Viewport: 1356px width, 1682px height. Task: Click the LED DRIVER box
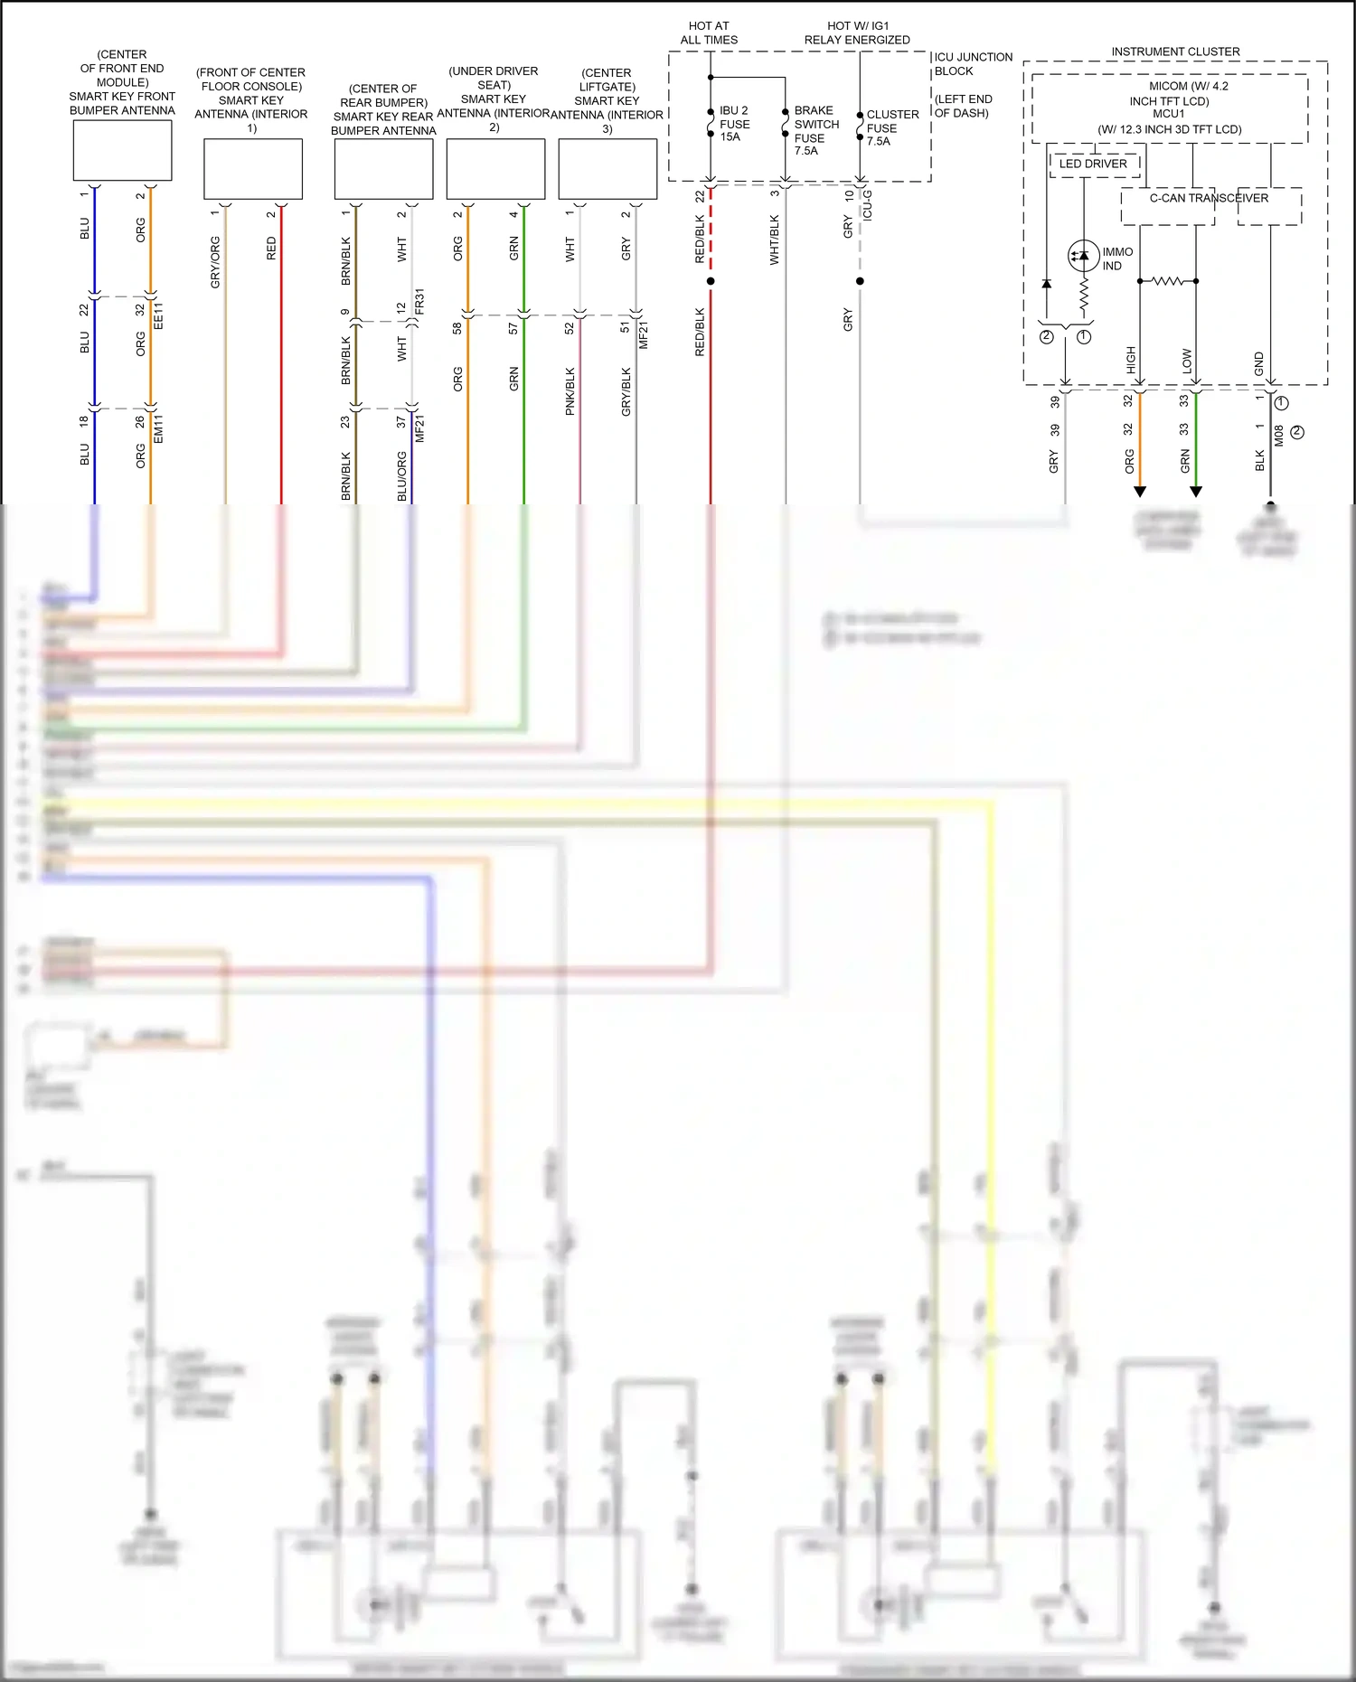[x=1093, y=164]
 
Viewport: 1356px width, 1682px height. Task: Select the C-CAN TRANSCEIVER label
[x=1209, y=198]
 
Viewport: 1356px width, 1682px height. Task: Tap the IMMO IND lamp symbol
[x=1083, y=256]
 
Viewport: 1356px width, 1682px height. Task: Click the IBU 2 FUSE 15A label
[x=734, y=124]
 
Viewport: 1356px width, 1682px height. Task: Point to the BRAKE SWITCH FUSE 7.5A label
[x=815, y=130]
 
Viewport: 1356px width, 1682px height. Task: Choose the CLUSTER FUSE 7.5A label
[x=891, y=127]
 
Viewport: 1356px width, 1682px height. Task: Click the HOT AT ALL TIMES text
[x=709, y=33]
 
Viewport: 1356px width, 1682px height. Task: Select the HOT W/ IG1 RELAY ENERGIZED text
[x=857, y=33]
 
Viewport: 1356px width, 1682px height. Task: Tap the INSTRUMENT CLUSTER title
[x=1175, y=52]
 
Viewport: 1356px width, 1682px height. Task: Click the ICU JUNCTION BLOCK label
[x=973, y=63]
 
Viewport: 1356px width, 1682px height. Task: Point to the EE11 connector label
[x=159, y=315]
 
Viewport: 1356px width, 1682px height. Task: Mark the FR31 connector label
[x=419, y=302]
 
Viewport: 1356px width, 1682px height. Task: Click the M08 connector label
[x=1278, y=437]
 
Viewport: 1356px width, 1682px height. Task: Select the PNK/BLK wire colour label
[x=570, y=391]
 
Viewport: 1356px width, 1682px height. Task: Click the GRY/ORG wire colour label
[x=215, y=262]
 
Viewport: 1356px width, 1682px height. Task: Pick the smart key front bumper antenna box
[x=122, y=150]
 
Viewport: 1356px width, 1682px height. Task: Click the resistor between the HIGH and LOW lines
[x=1167, y=281]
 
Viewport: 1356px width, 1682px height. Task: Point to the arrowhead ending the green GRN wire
[x=1196, y=492]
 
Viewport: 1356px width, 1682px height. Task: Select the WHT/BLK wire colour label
[x=775, y=240]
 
